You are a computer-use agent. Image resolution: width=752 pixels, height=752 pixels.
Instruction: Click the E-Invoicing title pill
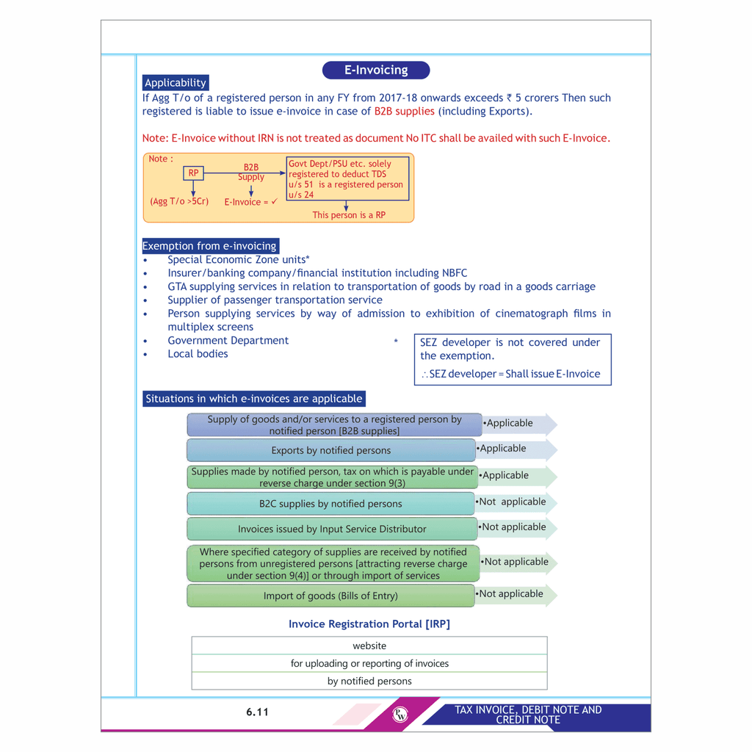(376, 70)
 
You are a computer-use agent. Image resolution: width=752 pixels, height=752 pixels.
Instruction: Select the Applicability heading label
(176, 83)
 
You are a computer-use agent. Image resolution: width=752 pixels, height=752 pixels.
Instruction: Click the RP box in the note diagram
(193, 173)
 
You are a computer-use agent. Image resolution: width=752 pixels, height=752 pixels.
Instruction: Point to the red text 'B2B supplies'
(404, 112)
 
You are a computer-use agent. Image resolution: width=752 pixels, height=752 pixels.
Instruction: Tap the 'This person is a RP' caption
(349, 215)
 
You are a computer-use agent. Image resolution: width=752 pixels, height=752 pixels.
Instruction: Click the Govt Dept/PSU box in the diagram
(346, 179)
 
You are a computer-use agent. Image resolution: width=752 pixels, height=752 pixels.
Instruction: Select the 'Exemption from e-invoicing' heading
(210, 246)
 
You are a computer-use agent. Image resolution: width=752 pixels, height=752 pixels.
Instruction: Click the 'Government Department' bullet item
(228, 341)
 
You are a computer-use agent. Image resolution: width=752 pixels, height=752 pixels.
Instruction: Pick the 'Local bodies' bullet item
(198, 354)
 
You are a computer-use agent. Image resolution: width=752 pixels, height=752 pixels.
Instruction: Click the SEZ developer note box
(513, 358)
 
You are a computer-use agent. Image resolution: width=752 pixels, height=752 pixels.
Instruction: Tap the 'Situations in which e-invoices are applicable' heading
(254, 399)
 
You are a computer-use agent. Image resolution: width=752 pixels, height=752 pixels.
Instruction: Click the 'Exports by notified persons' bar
(331, 450)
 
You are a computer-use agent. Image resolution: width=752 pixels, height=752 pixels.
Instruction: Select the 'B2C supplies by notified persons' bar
(331, 504)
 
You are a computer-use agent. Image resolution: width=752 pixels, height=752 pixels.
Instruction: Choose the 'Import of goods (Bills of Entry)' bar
(331, 596)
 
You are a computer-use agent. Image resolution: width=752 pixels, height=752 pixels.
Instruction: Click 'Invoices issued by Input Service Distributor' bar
(332, 529)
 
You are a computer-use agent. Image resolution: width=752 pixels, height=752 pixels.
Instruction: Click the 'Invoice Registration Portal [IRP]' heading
(369, 624)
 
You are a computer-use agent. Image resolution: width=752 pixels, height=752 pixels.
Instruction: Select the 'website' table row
(369, 646)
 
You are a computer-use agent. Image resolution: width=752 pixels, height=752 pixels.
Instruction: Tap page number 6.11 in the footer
(258, 712)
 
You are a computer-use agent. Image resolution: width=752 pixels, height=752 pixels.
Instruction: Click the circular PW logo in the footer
(400, 715)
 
